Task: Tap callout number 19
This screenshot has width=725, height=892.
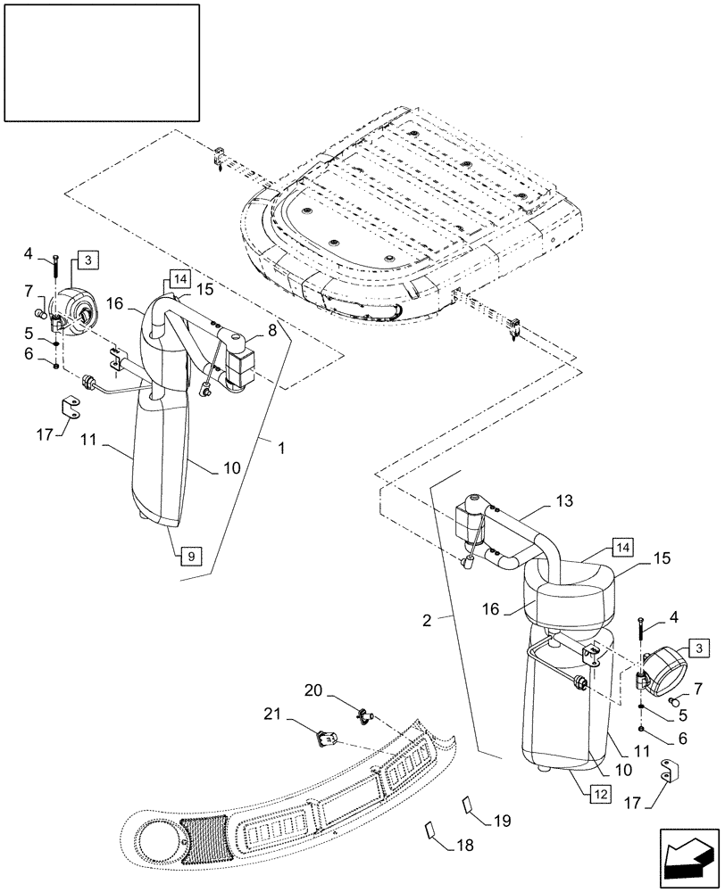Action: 502,819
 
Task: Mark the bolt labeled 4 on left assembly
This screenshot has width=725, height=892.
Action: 56,268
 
